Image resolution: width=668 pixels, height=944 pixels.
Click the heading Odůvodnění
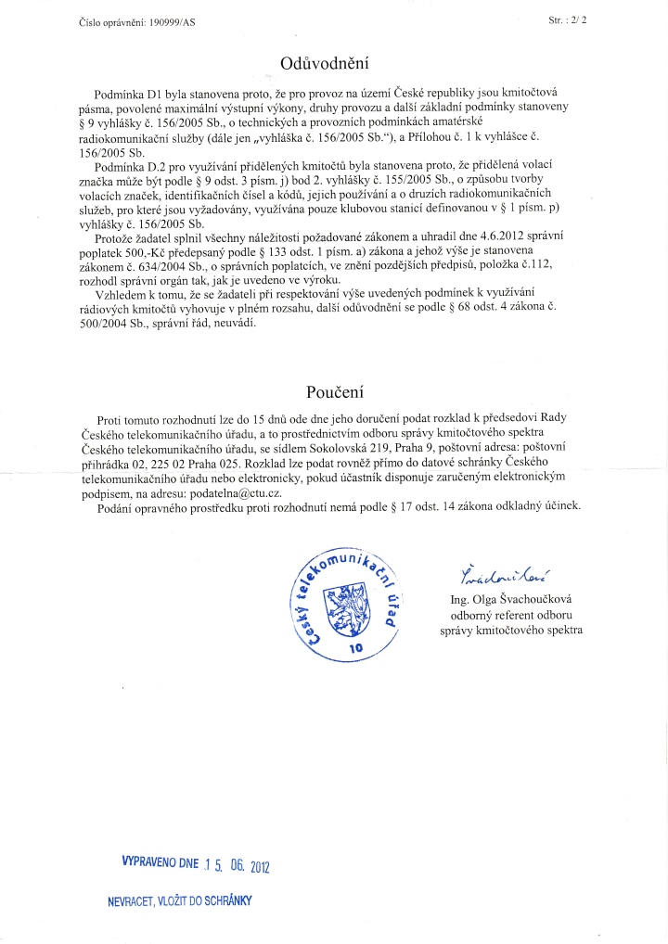tap(324, 63)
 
